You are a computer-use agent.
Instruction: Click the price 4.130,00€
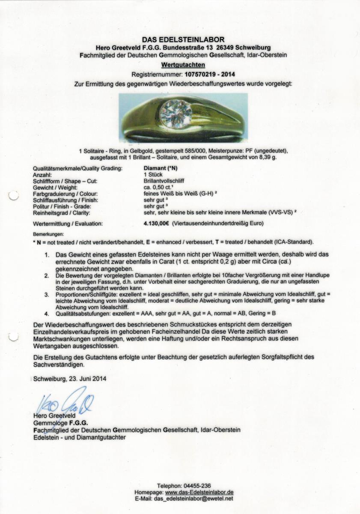[x=157, y=223]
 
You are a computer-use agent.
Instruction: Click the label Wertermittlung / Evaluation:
[x=68, y=223]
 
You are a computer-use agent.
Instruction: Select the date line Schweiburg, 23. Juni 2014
[x=69, y=379]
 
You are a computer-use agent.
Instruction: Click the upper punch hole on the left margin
[x=13, y=196]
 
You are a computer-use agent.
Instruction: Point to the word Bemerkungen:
[x=48, y=234]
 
